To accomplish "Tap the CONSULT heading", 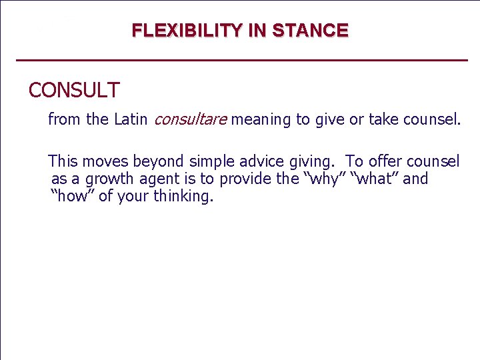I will (74, 90).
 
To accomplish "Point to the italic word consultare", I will (190, 120).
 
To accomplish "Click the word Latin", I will (131, 120).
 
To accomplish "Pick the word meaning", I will (261, 120).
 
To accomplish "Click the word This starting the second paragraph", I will (63, 161).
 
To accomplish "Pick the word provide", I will (246, 179).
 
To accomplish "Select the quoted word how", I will (72, 197).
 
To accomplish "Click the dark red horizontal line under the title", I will (241, 61).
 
